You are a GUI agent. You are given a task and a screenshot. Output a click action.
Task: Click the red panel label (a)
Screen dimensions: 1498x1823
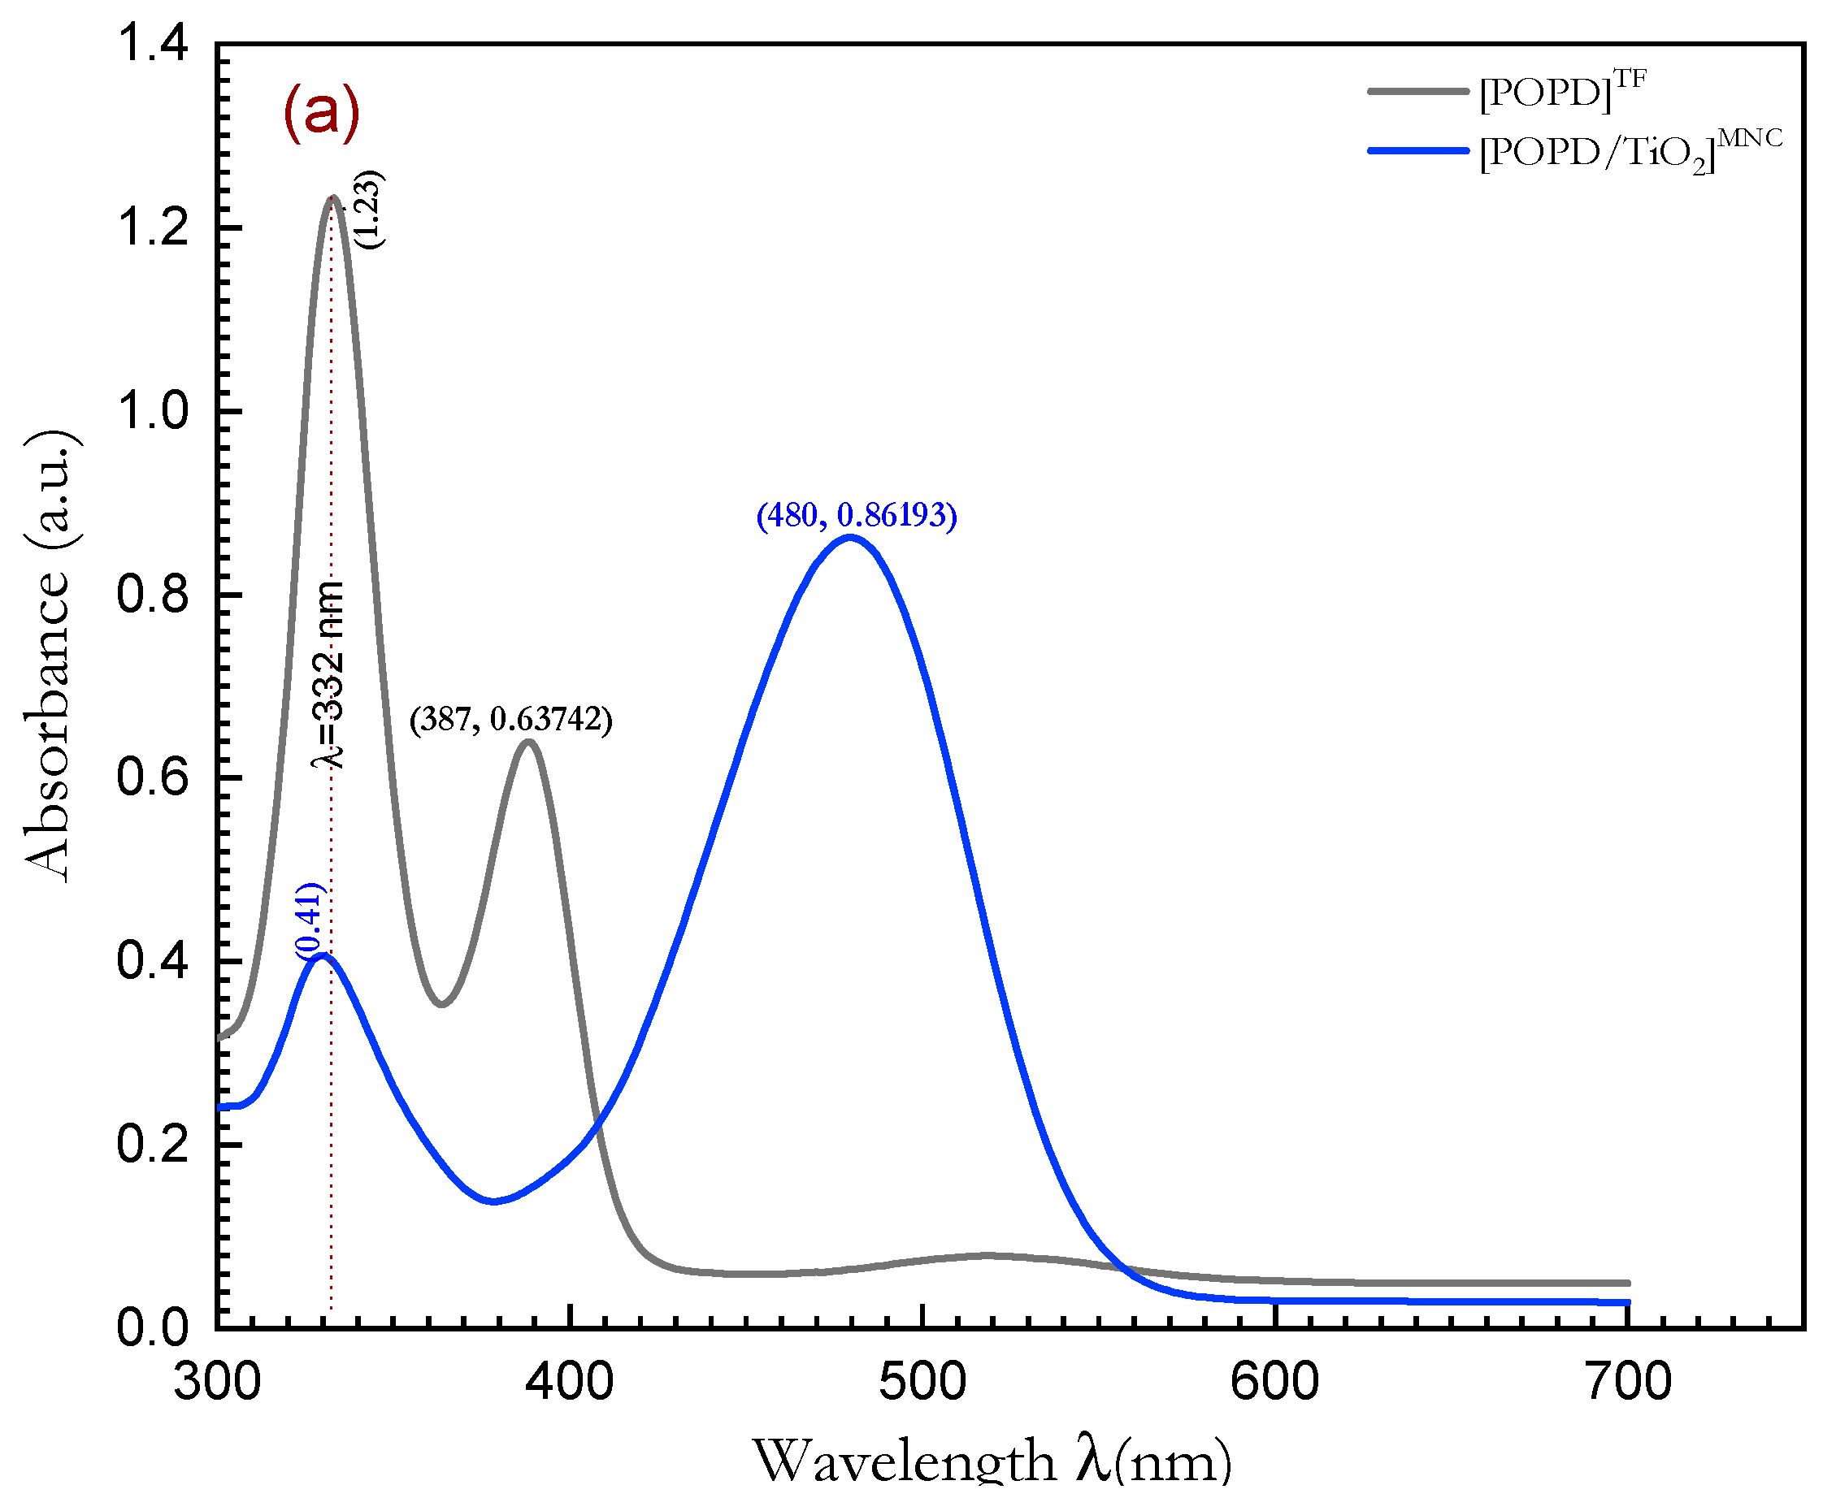[321, 112]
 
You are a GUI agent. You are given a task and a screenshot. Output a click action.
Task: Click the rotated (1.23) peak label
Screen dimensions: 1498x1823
[370, 210]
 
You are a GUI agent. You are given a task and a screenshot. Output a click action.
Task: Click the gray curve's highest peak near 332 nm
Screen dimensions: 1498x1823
[332, 198]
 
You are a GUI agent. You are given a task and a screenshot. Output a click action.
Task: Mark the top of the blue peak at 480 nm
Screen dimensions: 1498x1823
[850, 539]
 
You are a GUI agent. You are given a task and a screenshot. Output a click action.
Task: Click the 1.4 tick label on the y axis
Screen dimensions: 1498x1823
[152, 43]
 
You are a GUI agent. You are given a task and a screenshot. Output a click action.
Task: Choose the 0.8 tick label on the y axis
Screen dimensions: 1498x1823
[152, 595]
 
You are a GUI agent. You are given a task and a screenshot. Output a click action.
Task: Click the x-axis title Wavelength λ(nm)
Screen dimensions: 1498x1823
[992, 1461]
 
